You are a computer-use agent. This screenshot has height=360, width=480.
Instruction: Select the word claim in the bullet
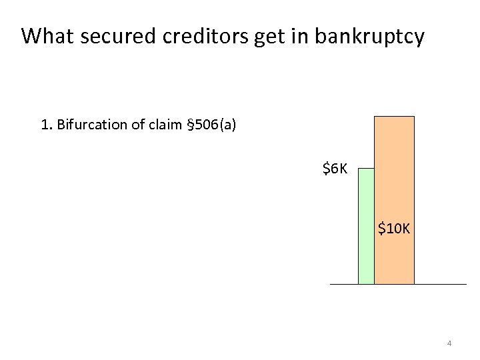(166, 125)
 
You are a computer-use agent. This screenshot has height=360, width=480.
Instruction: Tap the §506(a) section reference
(211, 125)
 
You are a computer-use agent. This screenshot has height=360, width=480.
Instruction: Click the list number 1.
(45, 125)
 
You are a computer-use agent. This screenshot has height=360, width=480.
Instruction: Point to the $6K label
(335, 169)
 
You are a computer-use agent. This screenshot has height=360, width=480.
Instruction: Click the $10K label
(394, 229)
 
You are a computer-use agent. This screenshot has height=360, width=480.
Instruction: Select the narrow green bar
(366, 227)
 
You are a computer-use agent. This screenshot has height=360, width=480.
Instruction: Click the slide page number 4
(449, 343)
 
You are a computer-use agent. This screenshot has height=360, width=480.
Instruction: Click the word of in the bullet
(139, 125)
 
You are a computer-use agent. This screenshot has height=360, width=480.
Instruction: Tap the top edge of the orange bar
(394, 117)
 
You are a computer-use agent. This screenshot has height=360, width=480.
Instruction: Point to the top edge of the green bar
(366, 169)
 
